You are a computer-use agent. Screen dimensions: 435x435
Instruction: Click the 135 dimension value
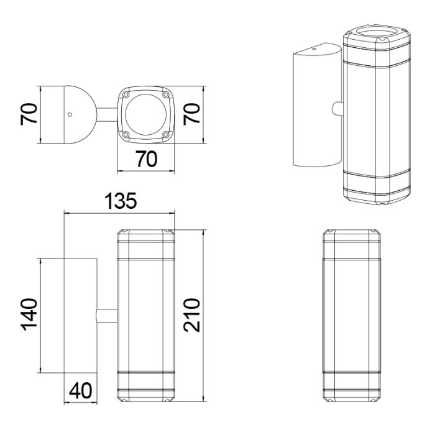[x=121, y=201]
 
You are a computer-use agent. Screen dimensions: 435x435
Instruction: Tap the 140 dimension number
[x=29, y=314]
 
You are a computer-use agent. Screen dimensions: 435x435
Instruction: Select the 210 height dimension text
[x=191, y=315]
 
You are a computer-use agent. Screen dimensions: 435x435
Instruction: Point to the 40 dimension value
[x=80, y=391]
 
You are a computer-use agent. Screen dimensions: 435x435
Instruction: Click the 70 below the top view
[x=147, y=159]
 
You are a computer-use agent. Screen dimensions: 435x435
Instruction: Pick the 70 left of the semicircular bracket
[x=29, y=114]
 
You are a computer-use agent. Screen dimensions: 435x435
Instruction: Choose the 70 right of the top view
[x=191, y=114]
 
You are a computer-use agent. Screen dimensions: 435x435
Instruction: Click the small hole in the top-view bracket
[x=70, y=114]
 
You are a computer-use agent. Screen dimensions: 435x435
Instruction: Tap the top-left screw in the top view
[x=126, y=95]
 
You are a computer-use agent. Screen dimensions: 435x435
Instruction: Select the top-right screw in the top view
[x=166, y=95]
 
